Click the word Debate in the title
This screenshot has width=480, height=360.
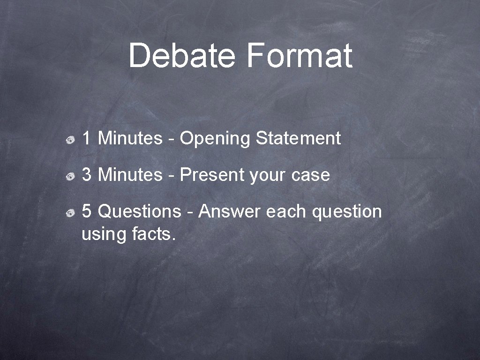[181, 55]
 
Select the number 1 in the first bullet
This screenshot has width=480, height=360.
[87, 138]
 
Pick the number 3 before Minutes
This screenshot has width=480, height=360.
[87, 175]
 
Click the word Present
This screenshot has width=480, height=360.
[212, 175]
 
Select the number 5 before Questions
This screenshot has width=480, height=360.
[87, 211]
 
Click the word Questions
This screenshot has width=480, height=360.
[139, 212]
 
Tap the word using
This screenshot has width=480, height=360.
[104, 234]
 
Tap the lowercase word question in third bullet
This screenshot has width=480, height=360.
[347, 212]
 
